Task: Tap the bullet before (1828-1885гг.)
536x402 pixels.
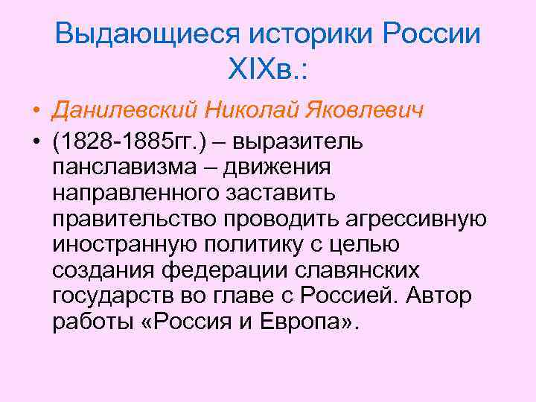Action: [x=36, y=141]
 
